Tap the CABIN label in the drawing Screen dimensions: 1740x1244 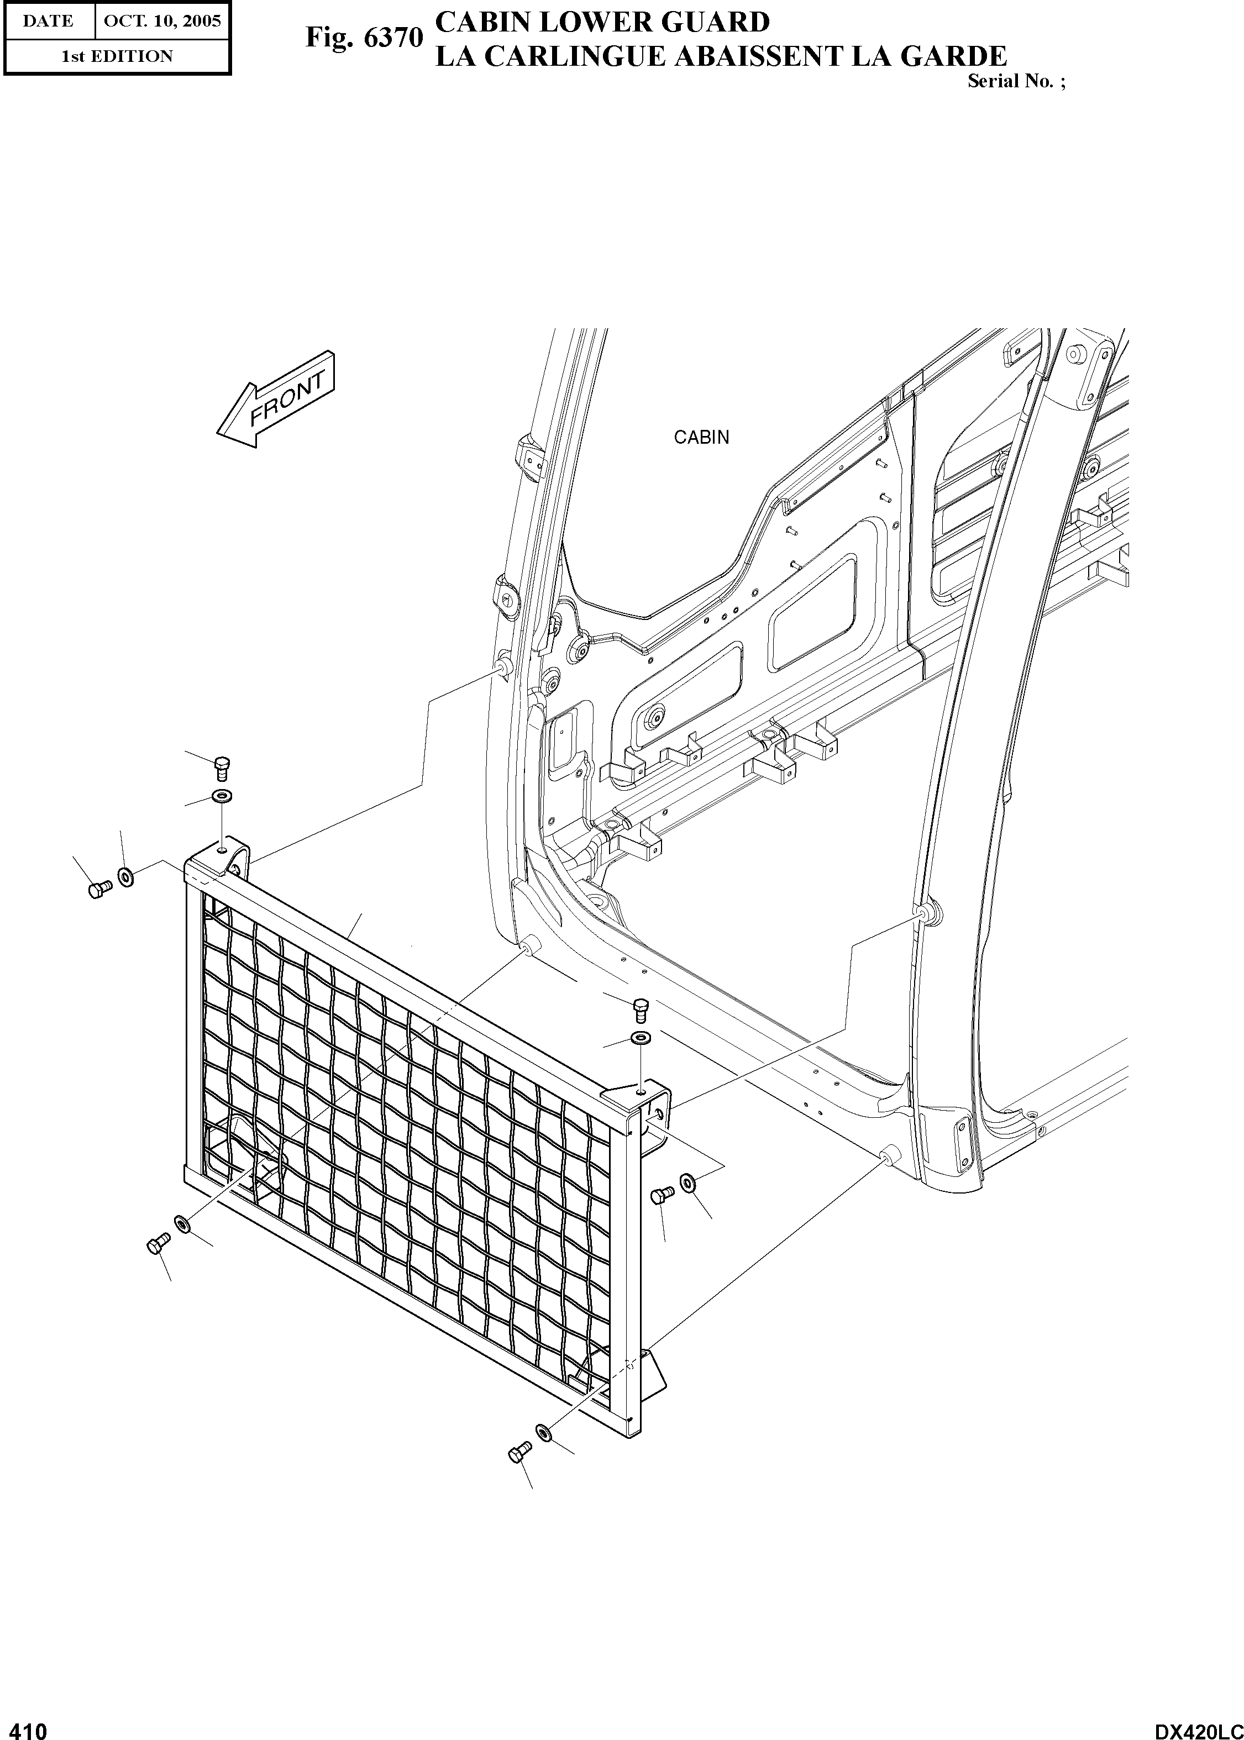click(x=701, y=437)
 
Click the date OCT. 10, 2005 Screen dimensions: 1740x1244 click(x=161, y=20)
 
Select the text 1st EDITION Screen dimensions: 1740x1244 click(x=117, y=56)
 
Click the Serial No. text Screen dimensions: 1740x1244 click(x=1015, y=81)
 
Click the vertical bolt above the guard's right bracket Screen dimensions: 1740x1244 click(x=641, y=1010)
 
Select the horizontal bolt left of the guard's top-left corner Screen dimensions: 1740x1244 click(x=97, y=889)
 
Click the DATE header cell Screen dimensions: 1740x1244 click(x=48, y=20)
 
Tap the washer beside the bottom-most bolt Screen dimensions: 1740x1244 click(x=545, y=1431)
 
